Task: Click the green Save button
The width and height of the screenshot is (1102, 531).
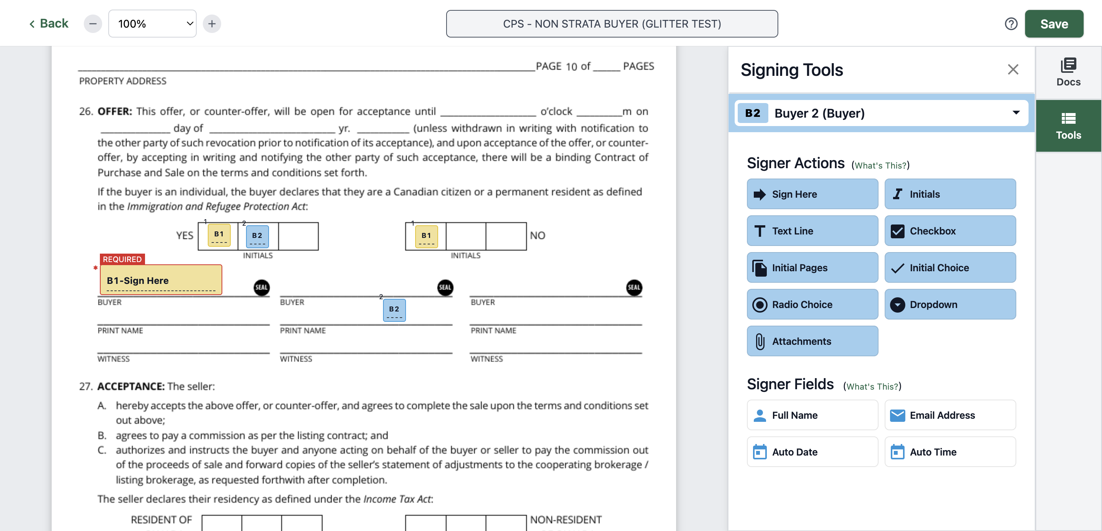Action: pos(1054,24)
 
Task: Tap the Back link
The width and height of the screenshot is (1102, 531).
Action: pos(49,23)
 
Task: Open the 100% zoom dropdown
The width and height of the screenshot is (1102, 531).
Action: pos(152,23)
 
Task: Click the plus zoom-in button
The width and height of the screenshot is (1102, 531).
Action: pos(212,23)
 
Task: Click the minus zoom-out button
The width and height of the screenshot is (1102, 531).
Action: pos(93,23)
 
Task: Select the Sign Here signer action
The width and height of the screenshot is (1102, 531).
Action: pos(812,194)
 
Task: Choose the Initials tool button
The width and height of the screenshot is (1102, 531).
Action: pos(950,194)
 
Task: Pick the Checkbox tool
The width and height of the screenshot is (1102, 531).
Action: pos(950,231)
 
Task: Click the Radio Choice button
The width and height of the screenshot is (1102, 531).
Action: pos(812,305)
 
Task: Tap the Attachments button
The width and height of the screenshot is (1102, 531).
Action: pos(812,341)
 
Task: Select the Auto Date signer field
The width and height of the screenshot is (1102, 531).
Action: pos(812,452)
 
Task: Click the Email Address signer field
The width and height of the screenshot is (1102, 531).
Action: pos(950,415)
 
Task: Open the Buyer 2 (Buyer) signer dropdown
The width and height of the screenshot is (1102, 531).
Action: pos(881,113)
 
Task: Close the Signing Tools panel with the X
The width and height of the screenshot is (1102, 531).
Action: pos(1012,69)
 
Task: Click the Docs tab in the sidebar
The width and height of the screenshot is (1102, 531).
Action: pos(1068,72)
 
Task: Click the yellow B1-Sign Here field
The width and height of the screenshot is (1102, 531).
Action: pos(161,280)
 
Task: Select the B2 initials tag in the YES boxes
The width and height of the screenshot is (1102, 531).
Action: pos(257,236)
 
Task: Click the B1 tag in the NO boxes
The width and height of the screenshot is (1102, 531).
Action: pos(426,236)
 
